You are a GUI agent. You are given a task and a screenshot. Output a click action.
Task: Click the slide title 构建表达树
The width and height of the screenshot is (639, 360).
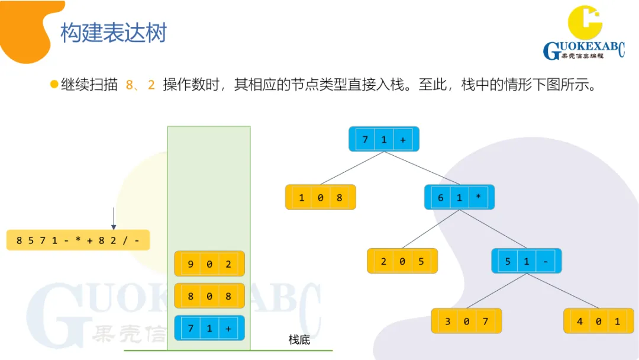[114, 33]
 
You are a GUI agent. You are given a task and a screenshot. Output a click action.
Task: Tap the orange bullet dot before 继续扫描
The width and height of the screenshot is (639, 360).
[54, 85]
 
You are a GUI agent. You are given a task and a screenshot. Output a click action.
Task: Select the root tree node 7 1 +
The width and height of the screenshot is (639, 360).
[384, 139]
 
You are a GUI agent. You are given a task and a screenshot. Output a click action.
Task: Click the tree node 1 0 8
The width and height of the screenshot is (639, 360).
[320, 197]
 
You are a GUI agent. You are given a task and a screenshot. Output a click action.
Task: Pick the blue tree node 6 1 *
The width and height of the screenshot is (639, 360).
[459, 197]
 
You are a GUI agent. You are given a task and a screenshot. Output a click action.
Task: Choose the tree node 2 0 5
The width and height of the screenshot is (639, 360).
[402, 261]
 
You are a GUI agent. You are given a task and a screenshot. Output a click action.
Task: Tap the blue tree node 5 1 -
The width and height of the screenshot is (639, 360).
[527, 261]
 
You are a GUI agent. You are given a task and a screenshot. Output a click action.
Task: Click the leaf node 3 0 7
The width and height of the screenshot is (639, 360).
[466, 321]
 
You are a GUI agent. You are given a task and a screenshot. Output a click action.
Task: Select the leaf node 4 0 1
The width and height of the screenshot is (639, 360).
[599, 321]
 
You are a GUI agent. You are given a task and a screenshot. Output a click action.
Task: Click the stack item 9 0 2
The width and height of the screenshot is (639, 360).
[209, 263]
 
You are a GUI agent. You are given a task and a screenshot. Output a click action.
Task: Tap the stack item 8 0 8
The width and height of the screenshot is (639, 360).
[209, 295]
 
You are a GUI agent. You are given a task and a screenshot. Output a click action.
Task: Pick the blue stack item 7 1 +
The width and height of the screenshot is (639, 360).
[209, 327]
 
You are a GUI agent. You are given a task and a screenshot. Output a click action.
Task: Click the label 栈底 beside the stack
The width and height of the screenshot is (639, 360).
[299, 340]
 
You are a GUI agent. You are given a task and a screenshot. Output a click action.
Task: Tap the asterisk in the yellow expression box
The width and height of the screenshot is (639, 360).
[76, 240]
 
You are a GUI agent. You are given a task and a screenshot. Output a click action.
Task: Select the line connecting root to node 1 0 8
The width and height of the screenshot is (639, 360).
[353, 168]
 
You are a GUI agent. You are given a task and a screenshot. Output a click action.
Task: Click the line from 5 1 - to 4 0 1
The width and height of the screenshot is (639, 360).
[562, 291]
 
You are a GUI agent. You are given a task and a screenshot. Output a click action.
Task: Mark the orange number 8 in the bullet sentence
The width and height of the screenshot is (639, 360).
[130, 85]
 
